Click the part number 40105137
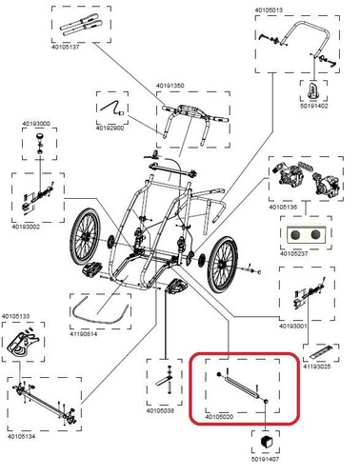tap(66, 47)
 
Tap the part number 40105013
tap(269, 10)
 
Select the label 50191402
tap(314, 106)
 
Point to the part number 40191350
tap(170, 86)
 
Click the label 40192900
tap(110, 129)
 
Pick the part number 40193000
tap(36, 124)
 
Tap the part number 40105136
tap(283, 208)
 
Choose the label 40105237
tap(293, 254)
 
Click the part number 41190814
tap(83, 334)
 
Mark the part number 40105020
tap(219, 417)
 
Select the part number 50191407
tap(265, 459)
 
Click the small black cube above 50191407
tap(265, 442)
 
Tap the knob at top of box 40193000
tap(40, 136)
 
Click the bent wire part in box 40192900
tap(111, 108)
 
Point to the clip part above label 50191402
tap(313, 90)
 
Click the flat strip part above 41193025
tap(321, 352)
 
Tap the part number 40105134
tap(22, 437)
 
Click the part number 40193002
tap(26, 227)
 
